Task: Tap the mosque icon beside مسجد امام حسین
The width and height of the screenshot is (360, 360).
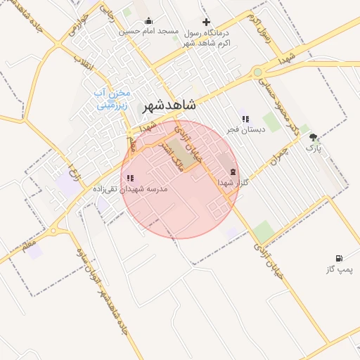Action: (148, 20)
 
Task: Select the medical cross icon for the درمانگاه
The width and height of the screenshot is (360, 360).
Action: (206, 22)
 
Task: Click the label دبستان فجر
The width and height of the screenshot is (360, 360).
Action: (241, 130)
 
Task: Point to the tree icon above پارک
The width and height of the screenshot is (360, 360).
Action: (312, 138)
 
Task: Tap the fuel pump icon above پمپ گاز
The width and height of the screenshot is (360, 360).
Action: (340, 259)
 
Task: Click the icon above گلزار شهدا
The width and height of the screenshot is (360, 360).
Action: (233, 172)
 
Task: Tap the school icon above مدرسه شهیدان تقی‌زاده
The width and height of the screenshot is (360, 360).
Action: (130, 179)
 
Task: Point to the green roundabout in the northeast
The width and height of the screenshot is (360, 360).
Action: (257, 72)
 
